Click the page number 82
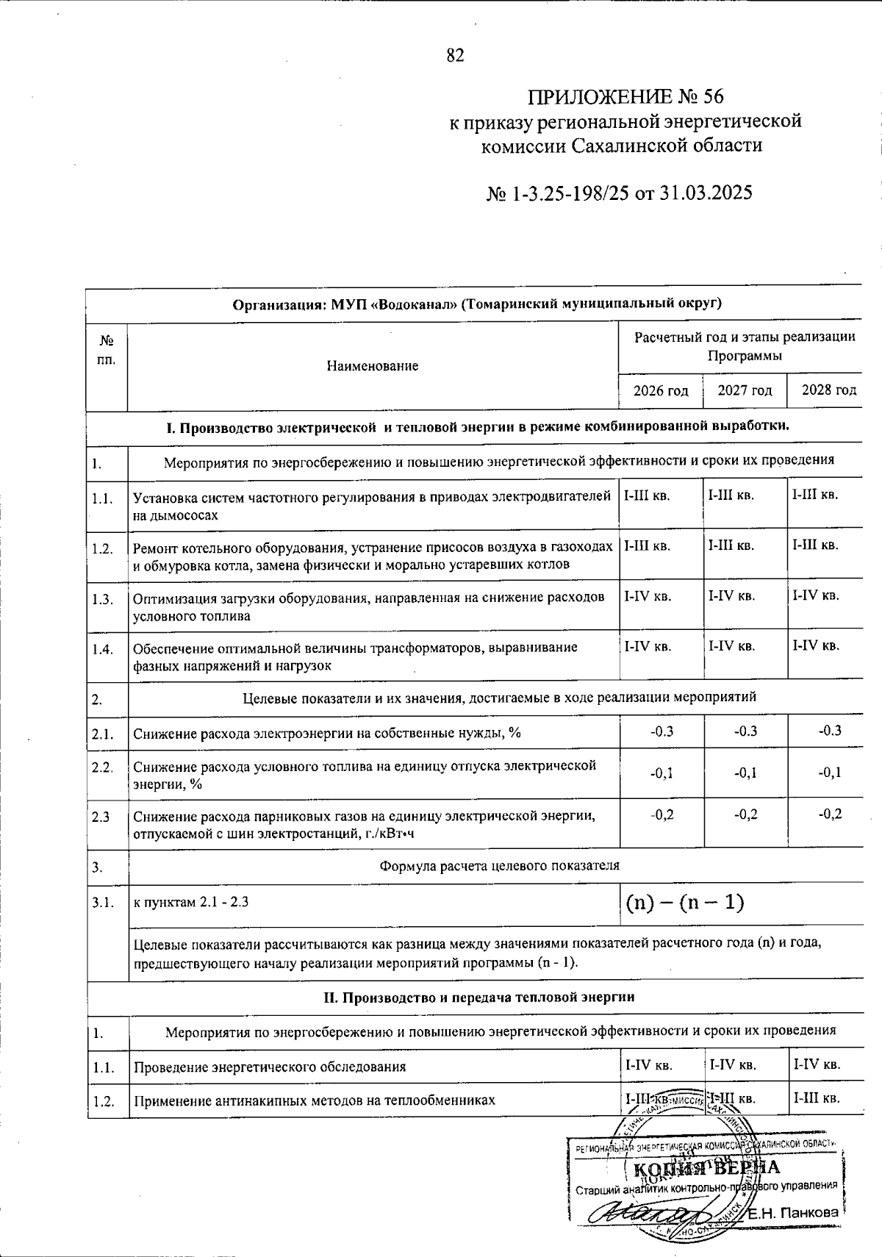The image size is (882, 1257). pos(455,56)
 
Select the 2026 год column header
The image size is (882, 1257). pos(661,390)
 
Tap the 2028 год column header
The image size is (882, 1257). pos(829,390)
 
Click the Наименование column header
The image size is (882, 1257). pos(373,365)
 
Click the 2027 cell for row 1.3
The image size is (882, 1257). pos(731,596)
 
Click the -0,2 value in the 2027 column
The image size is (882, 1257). pos(745,814)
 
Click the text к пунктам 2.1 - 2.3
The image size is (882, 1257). pos(190,902)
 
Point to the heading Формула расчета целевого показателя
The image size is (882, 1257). pos(499,866)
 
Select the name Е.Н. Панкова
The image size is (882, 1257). pos(794,1213)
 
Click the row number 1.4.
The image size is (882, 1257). pos(102,649)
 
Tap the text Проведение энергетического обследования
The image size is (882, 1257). pos(269,1067)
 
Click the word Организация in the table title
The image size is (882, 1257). pos(273,304)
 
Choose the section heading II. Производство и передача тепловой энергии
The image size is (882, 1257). pos(479,998)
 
